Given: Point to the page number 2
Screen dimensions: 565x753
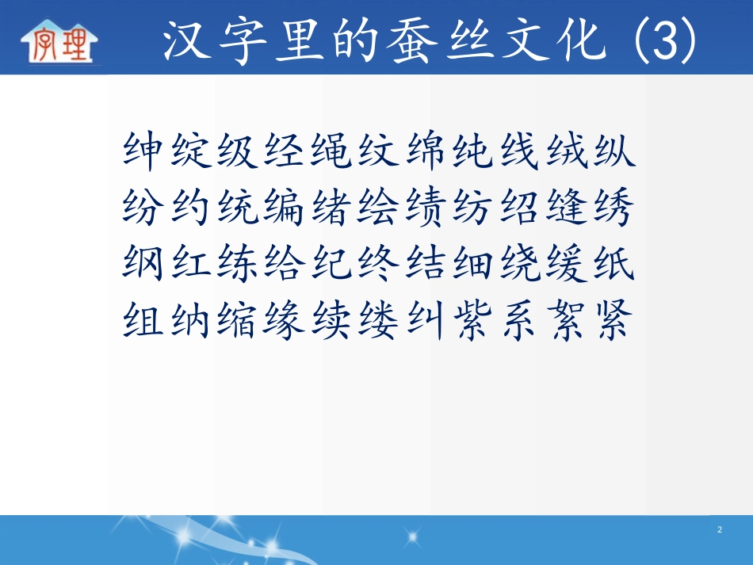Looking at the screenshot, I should pos(719,529).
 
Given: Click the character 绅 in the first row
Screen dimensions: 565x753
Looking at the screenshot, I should pos(146,151).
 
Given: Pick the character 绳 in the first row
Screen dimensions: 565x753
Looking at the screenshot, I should pos(331,151).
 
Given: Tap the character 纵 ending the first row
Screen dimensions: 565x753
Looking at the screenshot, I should pos(611,151).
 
